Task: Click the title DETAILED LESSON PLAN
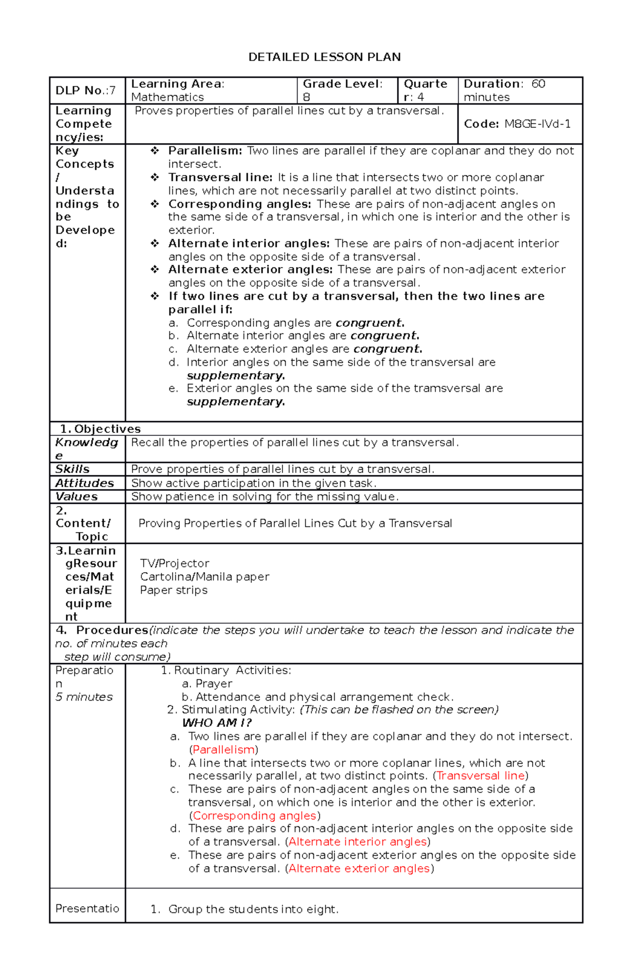(x=324, y=57)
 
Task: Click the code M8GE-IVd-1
(x=537, y=124)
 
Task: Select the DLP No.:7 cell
(x=86, y=90)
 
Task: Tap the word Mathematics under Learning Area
(x=167, y=97)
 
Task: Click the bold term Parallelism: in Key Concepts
(x=205, y=151)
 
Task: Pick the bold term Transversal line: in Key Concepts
(x=220, y=177)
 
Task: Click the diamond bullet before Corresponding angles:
(x=155, y=204)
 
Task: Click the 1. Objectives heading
(x=100, y=429)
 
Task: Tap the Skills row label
(x=73, y=469)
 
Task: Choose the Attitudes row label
(x=85, y=483)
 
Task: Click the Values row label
(x=77, y=496)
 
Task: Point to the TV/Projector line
(x=175, y=563)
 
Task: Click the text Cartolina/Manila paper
(x=205, y=577)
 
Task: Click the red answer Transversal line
(x=481, y=776)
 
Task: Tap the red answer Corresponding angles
(x=255, y=816)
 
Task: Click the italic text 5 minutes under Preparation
(x=84, y=697)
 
